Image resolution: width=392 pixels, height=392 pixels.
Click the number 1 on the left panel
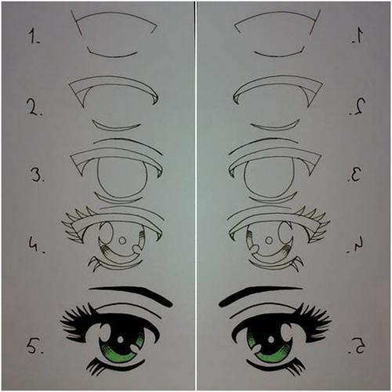pos(33,36)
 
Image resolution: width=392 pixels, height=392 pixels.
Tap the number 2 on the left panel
pos(34,107)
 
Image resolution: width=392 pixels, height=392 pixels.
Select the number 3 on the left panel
pos(36,174)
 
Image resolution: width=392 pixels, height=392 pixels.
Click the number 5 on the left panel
pos(34,346)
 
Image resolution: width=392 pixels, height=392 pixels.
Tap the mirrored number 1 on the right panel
pos(358,36)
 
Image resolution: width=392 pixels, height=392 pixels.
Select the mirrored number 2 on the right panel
pos(358,107)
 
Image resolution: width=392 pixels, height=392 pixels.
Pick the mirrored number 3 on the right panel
pos(355,174)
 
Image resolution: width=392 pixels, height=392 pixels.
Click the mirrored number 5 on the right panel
pos(357,346)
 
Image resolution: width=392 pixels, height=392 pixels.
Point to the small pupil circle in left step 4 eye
pos(122,241)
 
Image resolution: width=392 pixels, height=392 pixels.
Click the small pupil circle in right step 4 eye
pos(269,241)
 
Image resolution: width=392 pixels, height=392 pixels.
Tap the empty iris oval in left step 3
pos(97,178)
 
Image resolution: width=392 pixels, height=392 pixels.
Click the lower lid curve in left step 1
pos(112,56)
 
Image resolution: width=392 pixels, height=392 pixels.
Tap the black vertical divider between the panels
pos(195,196)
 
